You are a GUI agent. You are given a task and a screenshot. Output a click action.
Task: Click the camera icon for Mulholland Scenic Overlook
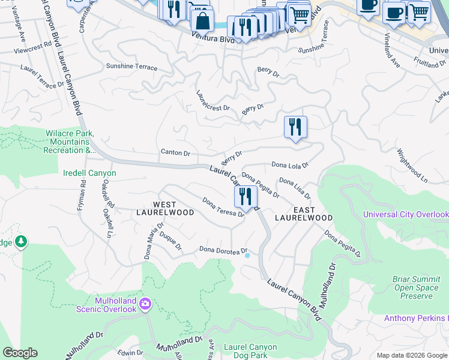[x=145, y=304]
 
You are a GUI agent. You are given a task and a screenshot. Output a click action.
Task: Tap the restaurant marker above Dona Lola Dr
[x=295, y=128]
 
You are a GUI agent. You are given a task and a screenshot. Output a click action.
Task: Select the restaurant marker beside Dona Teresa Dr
[x=246, y=197]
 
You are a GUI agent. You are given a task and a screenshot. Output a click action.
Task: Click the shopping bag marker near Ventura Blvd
[x=202, y=20]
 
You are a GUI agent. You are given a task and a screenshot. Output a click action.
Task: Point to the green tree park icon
[x=22, y=241]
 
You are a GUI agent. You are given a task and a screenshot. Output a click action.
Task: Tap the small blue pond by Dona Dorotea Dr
[x=247, y=255]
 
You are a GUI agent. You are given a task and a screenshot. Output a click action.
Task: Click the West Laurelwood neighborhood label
[x=164, y=209]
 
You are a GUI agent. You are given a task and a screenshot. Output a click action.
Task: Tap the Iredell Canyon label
[x=89, y=173]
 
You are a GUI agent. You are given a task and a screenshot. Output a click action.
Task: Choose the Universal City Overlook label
[x=406, y=215]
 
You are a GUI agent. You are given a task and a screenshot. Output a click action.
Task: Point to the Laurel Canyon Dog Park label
[x=250, y=352]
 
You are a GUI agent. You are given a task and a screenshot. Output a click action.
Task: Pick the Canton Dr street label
[x=175, y=153]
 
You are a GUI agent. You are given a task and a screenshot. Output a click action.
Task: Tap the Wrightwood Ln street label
[x=412, y=163]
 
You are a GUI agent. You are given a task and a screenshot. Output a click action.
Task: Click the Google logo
[x=20, y=353]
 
